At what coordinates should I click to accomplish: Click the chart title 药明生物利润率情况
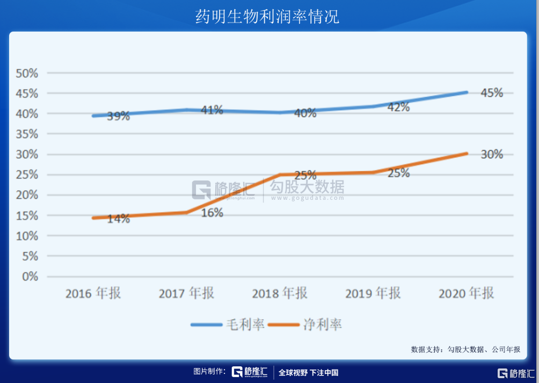pos(267,17)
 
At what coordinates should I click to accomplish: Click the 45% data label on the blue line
pos(491,93)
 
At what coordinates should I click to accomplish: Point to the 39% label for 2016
pos(118,116)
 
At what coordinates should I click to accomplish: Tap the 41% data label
pos(212,110)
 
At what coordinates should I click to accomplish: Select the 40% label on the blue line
pos(305,113)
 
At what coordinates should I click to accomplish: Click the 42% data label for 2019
pos(398,107)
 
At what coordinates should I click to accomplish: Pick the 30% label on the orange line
pos(491,155)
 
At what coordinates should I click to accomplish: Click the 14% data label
pos(118,219)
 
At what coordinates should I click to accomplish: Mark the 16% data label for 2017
pos(212,213)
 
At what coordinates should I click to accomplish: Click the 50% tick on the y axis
pos(27,73)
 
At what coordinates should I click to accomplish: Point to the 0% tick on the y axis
pos(30,277)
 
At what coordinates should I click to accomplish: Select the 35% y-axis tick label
pos(27,134)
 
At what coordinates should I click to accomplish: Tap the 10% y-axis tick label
pos(27,236)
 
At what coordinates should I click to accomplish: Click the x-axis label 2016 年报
pos(93,293)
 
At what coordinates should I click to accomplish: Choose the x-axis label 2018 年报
pos(279,293)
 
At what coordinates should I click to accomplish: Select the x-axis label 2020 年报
pos(465,293)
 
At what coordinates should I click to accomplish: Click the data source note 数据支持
pos(465,349)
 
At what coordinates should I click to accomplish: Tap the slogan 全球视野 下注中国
pos(308,373)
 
